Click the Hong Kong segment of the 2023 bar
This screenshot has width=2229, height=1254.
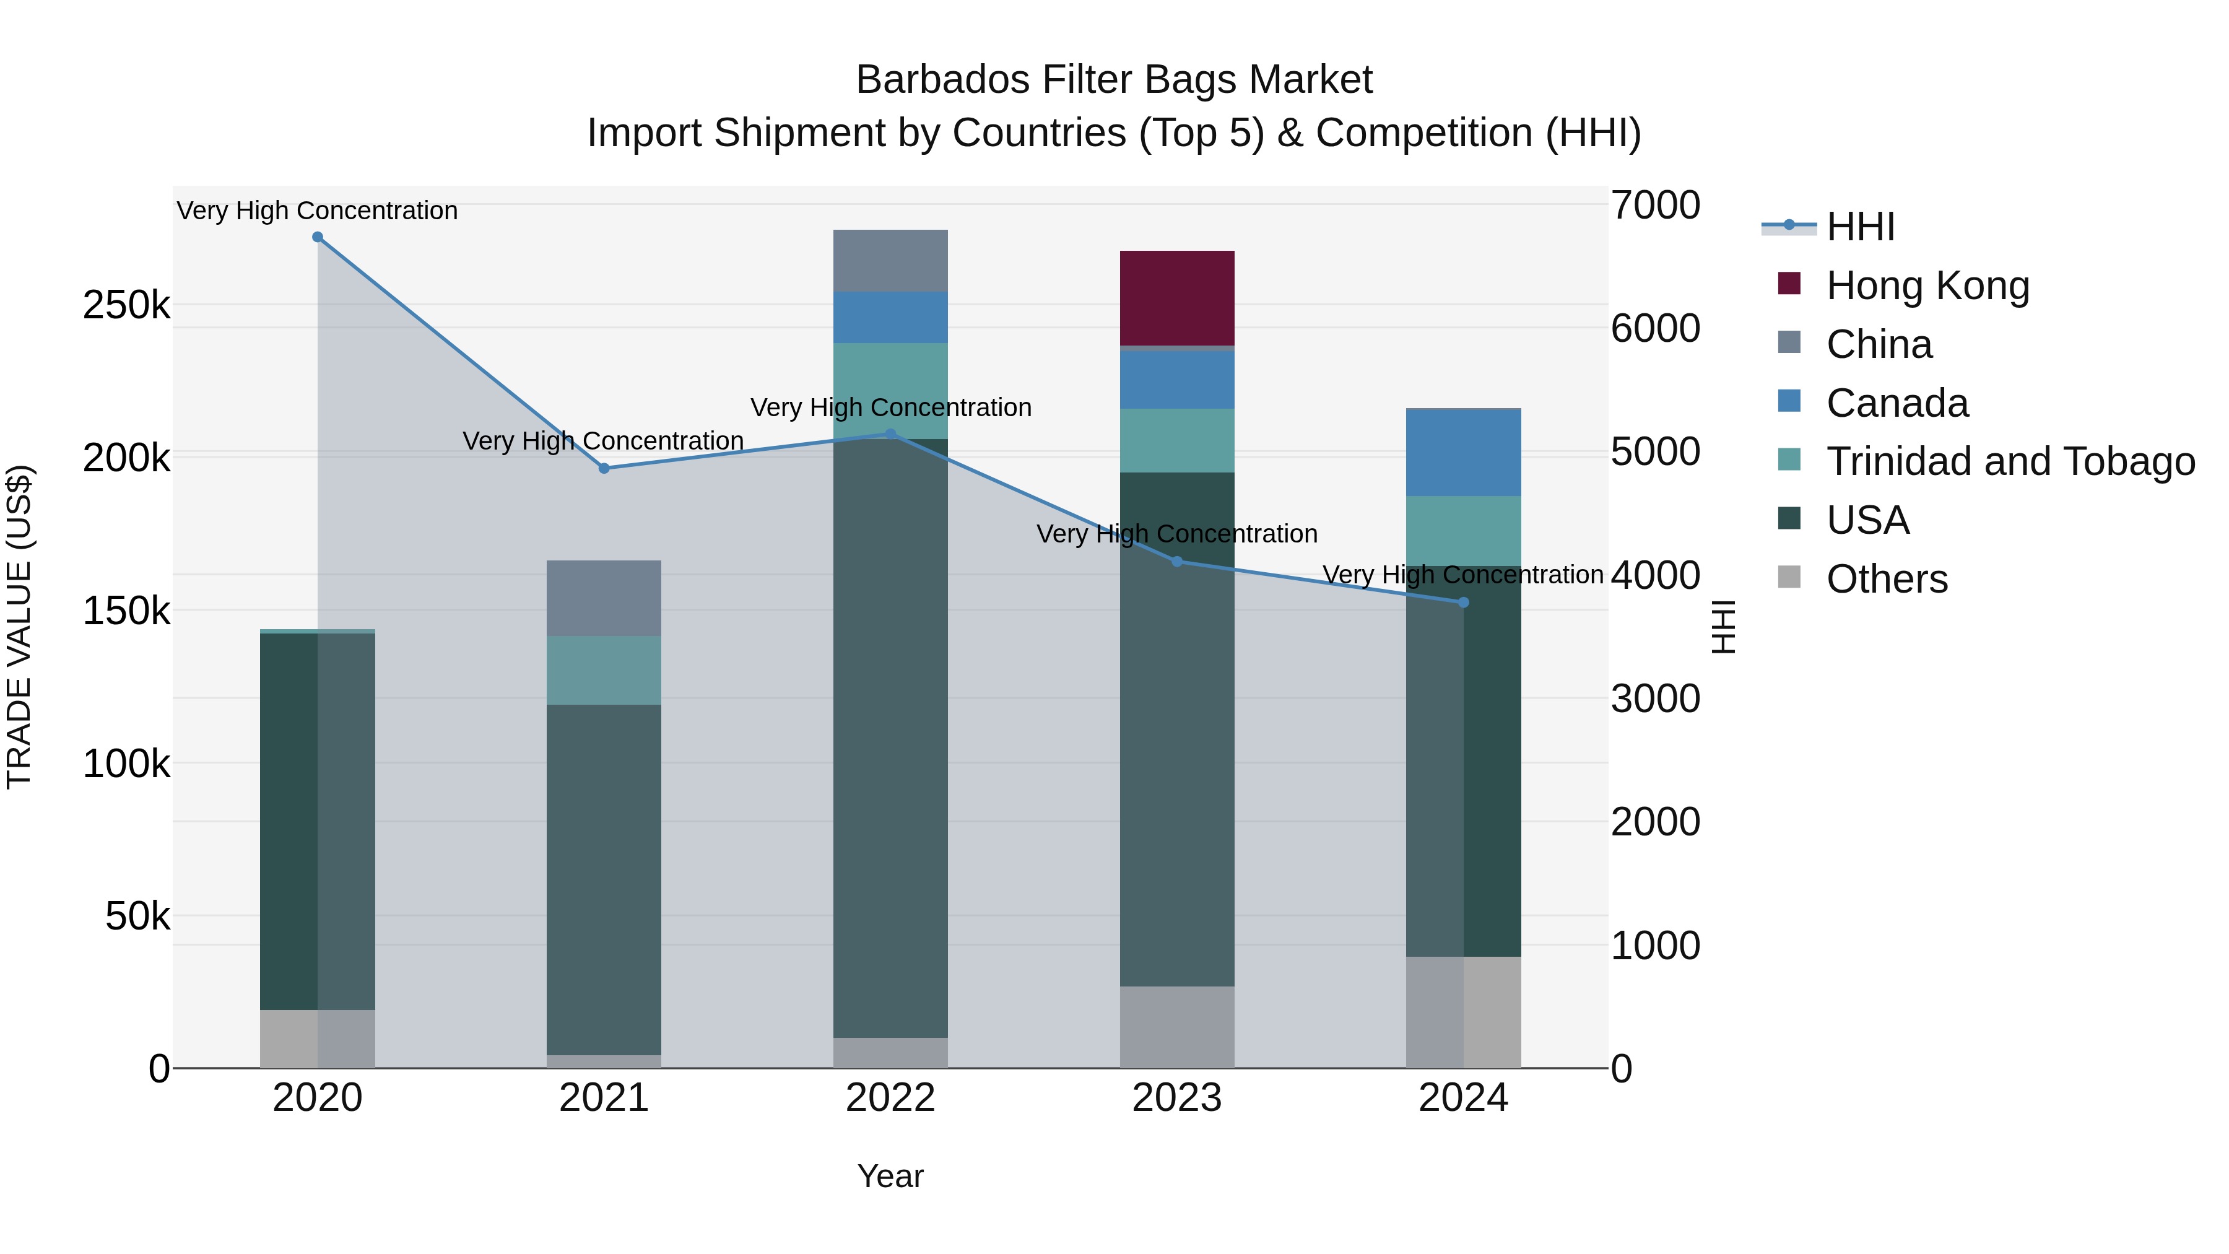(x=1177, y=298)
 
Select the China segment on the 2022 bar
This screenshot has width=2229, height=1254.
(x=890, y=261)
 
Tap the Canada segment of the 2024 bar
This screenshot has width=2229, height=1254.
(x=1463, y=452)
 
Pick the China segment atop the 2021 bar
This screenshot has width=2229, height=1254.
(x=604, y=598)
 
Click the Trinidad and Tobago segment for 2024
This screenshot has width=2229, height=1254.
(x=1463, y=531)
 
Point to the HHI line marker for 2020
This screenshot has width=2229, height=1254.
(x=318, y=237)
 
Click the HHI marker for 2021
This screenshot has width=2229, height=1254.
(x=604, y=468)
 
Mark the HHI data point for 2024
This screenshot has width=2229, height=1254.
(x=1463, y=603)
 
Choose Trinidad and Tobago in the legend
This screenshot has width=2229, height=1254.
(x=2009, y=461)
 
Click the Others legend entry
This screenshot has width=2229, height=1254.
(x=1887, y=579)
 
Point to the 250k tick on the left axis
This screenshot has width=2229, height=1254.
(x=126, y=305)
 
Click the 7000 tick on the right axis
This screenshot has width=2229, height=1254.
(x=1654, y=206)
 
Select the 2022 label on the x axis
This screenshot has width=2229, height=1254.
(x=890, y=1098)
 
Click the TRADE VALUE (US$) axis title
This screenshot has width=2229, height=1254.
(x=19, y=627)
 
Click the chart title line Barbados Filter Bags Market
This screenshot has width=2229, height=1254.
(x=1114, y=80)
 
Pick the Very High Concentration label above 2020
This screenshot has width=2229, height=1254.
(x=318, y=211)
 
